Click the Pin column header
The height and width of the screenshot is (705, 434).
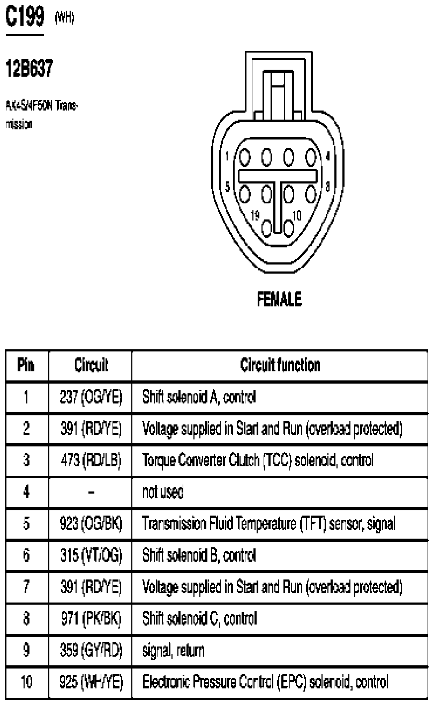[26, 365]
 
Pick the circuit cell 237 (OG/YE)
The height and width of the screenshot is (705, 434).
[91, 397]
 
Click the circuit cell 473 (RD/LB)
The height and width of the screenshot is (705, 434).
[91, 460]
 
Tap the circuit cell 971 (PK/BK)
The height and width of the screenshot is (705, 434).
[91, 619]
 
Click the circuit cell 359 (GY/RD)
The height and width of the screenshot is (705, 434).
[91, 650]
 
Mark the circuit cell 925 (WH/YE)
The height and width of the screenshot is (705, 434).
[91, 682]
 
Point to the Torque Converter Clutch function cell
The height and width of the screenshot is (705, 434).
[257, 460]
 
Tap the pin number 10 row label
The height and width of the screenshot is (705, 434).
[26, 682]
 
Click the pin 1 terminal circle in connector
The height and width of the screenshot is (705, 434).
[245, 157]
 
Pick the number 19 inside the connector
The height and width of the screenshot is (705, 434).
[256, 215]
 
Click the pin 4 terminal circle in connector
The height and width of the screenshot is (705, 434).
[311, 157]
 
